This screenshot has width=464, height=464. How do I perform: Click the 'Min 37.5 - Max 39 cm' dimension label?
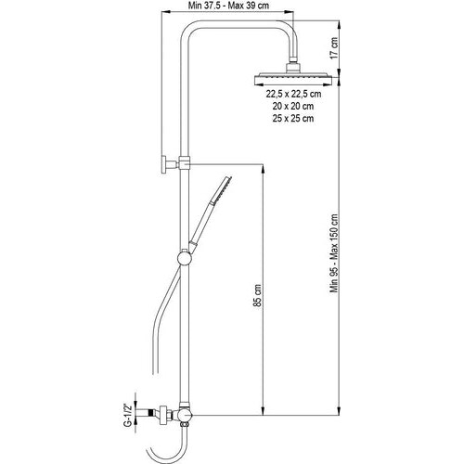(228, 6)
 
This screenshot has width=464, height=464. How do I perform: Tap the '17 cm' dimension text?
(334, 48)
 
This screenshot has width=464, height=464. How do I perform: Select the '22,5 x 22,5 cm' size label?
(293, 94)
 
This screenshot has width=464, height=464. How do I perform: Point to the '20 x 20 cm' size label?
(293, 106)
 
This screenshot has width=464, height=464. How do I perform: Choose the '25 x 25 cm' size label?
(293, 118)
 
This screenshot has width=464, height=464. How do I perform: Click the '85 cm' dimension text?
(257, 295)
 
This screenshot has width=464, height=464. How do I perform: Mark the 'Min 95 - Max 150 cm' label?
(334, 253)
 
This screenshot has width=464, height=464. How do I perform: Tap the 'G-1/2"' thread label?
(127, 414)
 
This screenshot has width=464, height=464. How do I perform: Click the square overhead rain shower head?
(293, 79)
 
